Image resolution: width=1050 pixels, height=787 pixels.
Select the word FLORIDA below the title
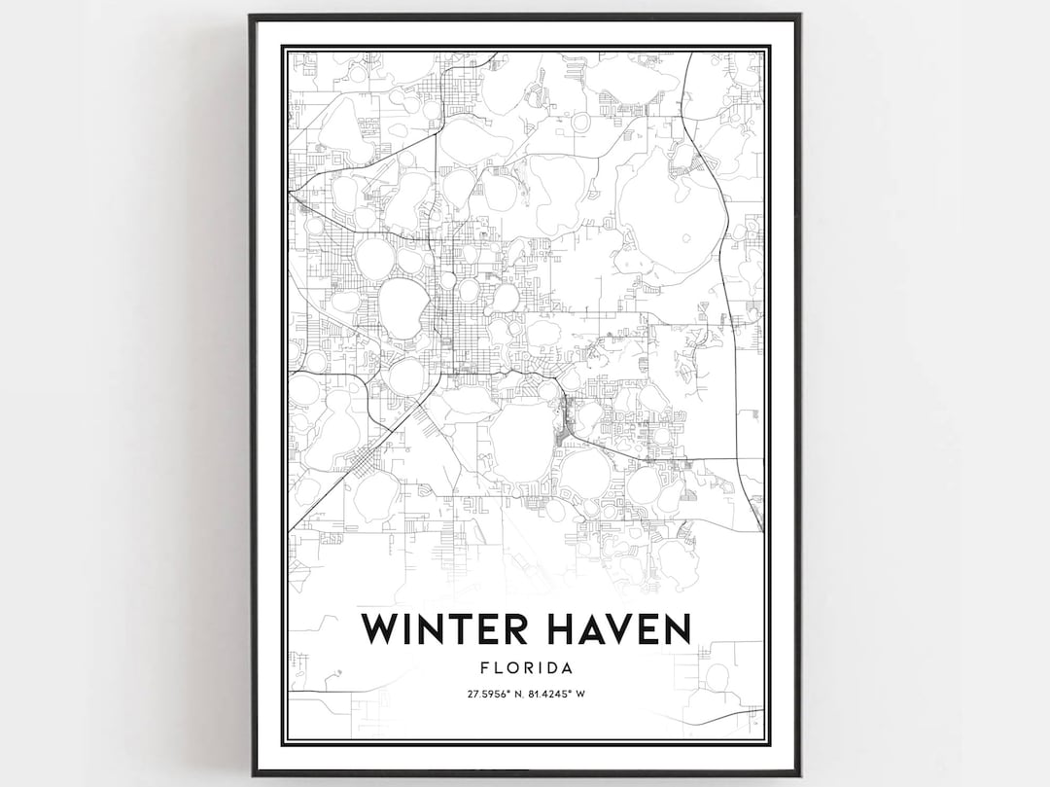click(525, 668)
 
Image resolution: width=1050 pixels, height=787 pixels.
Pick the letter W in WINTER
click(380, 628)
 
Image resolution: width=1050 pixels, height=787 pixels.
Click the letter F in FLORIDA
click(485, 668)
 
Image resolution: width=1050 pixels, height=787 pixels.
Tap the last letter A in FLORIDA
click(565, 668)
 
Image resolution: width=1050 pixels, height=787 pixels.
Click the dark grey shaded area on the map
click(561, 426)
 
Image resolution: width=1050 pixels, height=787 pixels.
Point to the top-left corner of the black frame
click(250, 16)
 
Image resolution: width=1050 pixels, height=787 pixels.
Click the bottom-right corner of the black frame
click(800, 774)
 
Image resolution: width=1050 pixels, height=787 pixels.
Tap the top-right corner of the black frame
click(800, 16)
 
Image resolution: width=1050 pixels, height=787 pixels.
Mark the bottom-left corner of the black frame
click(250, 774)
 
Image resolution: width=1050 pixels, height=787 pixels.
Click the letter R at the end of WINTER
click(520, 628)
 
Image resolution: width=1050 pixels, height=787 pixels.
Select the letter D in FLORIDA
click(551, 668)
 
